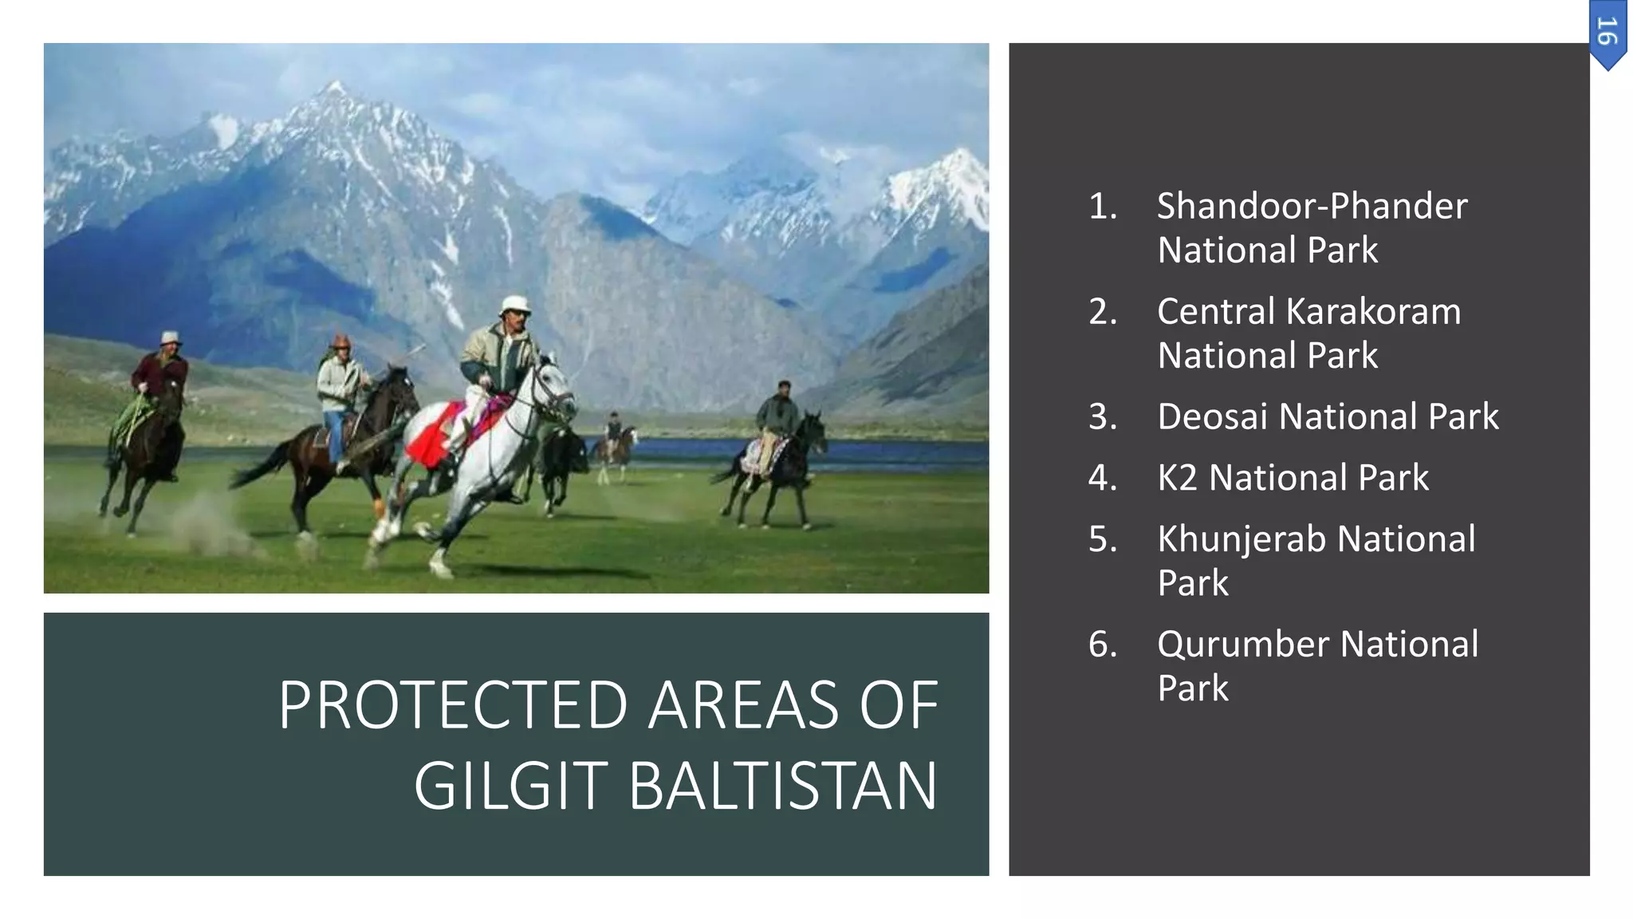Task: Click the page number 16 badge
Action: tap(1607, 34)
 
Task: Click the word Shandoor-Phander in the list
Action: tap(1312, 207)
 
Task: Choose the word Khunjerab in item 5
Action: tap(1242, 539)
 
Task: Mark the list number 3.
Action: tap(1103, 417)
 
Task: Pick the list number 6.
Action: tap(1103, 645)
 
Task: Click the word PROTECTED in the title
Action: tap(453, 706)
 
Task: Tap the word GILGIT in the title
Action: tap(511, 787)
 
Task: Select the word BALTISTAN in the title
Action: tap(783, 787)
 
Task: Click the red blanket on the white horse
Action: tap(435, 436)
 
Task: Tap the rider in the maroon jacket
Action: tap(161, 371)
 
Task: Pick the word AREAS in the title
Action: tap(742, 706)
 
